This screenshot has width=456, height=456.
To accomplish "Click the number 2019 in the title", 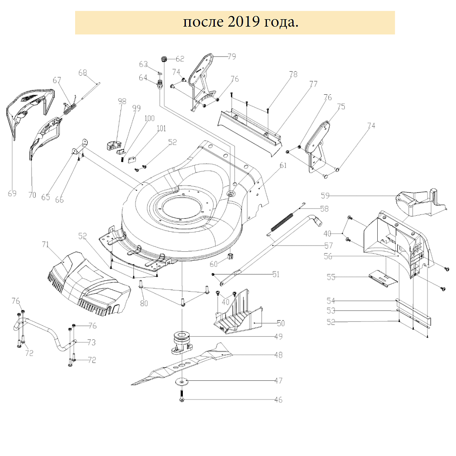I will [243, 22].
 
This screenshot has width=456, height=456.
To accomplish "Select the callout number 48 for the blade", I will [278, 355].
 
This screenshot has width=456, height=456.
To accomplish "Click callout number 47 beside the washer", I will [278, 381].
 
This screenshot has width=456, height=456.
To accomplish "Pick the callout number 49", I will [278, 336].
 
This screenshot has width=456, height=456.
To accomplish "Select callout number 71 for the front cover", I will [45, 244].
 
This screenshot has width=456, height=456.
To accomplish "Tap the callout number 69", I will [12, 193].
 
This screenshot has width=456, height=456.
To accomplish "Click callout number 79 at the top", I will [231, 56].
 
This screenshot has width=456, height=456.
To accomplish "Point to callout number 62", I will [179, 59].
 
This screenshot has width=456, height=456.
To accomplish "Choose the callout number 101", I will [161, 129].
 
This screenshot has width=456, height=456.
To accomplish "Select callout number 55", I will [331, 277].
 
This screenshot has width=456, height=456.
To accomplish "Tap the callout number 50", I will [280, 323].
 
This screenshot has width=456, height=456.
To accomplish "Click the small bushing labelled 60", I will [230, 257].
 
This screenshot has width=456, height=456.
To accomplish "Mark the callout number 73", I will [91, 343].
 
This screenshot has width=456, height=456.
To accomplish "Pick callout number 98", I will [122, 101].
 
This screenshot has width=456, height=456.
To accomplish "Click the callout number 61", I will [283, 165].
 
